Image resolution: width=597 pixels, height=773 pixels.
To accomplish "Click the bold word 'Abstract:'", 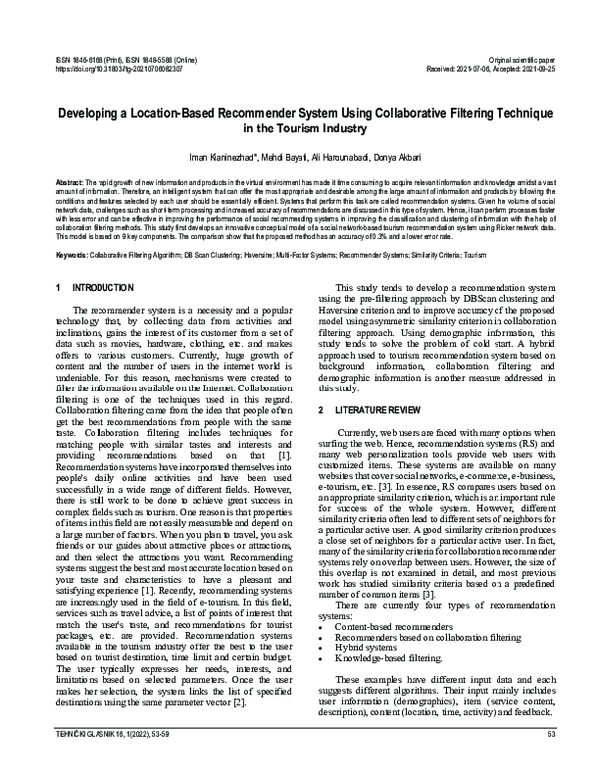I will (69, 185).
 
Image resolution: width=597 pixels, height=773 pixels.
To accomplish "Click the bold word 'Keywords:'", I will (71, 254).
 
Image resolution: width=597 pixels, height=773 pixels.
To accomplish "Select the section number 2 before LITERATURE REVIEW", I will (320, 410).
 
